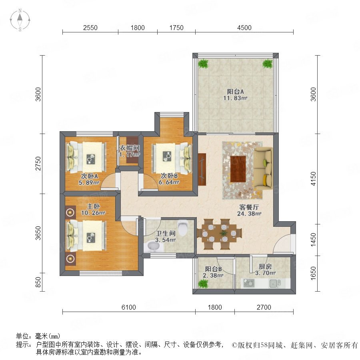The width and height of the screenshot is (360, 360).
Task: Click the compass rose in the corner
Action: click(20, 20)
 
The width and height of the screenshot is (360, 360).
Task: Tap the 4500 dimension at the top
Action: click(244, 28)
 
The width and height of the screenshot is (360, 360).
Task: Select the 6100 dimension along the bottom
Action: click(128, 307)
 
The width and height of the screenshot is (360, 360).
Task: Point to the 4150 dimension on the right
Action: click(313, 179)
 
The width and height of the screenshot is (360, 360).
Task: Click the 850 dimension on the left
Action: click(38, 282)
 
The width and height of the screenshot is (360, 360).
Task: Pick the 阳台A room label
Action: click(235, 92)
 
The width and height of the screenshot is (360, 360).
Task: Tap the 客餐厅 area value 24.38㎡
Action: click(249, 214)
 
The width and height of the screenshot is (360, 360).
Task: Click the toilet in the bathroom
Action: click(183, 228)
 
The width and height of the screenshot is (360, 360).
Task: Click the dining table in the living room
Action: click(219, 234)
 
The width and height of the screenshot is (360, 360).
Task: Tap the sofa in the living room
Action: click(263, 167)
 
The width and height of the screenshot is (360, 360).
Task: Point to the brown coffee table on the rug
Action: click(238, 169)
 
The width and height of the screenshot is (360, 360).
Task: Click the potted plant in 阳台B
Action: click(203, 284)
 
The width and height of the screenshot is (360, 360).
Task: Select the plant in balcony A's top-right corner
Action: click(268, 63)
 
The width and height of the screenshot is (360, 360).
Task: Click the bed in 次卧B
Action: click(172, 158)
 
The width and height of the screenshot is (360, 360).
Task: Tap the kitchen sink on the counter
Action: click(274, 283)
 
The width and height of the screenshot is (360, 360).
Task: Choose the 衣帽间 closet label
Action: click(130, 148)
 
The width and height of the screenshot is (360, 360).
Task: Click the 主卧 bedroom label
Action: click(93, 206)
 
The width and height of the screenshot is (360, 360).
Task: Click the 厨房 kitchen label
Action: click(265, 266)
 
